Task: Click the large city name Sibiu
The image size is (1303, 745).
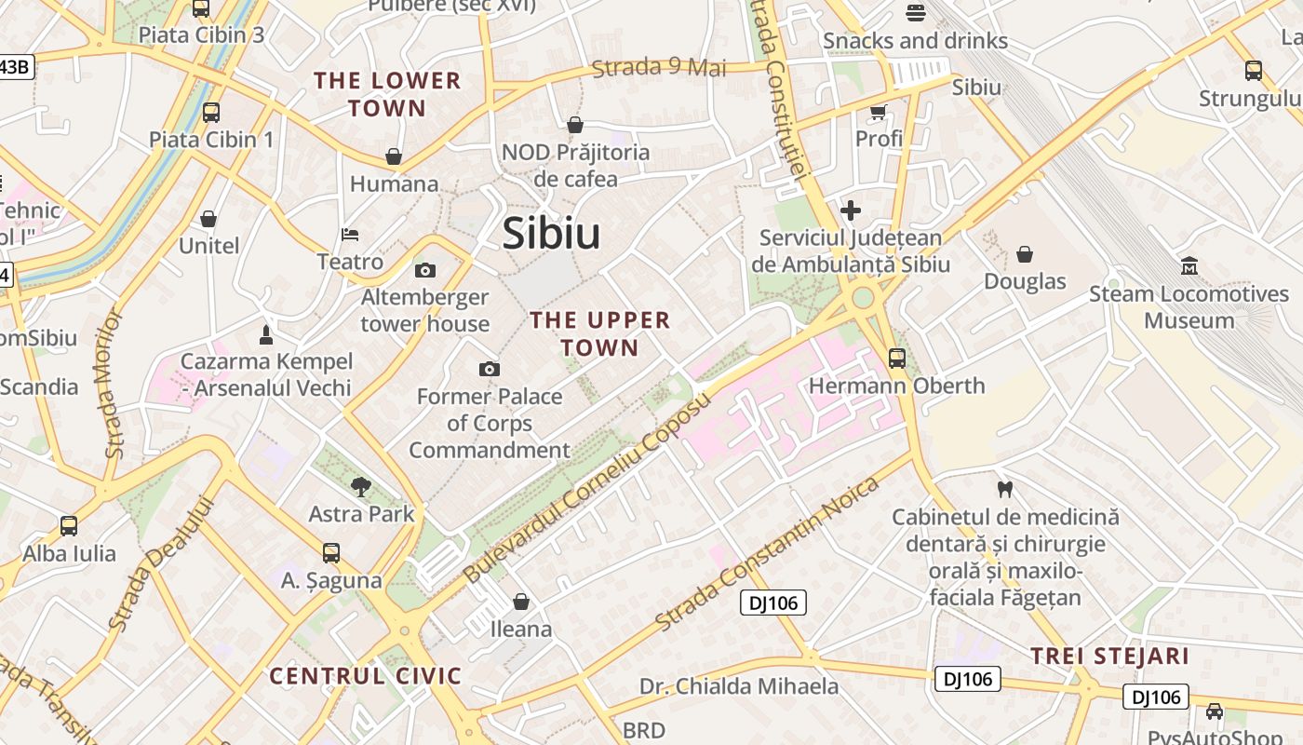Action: [551, 234]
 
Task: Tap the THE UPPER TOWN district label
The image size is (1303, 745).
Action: [599, 334]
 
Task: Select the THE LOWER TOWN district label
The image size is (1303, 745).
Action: [387, 94]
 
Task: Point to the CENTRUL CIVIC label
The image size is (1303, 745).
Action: [366, 676]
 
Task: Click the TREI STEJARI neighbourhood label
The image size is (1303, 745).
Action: [1109, 656]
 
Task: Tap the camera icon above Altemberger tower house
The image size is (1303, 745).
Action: [425, 271]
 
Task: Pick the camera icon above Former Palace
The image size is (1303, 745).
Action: [490, 370]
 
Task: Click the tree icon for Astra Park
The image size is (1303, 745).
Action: [361, 486]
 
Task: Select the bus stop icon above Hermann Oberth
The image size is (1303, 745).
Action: [897, 359]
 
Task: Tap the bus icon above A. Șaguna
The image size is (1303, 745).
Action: [331, 553]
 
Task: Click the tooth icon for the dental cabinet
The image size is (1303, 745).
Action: [1004, 488]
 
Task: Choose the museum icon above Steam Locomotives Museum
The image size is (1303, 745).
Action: [1189, 266]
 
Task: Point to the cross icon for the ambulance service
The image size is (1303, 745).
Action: [850, 210]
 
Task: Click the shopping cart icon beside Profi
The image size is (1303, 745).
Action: [878, 113]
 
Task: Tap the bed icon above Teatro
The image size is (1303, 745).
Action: [350, 234]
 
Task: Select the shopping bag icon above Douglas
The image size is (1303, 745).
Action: [1025, 253]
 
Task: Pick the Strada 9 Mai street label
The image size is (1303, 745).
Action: [659, 67]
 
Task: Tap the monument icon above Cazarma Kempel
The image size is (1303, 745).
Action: [266, 334]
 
